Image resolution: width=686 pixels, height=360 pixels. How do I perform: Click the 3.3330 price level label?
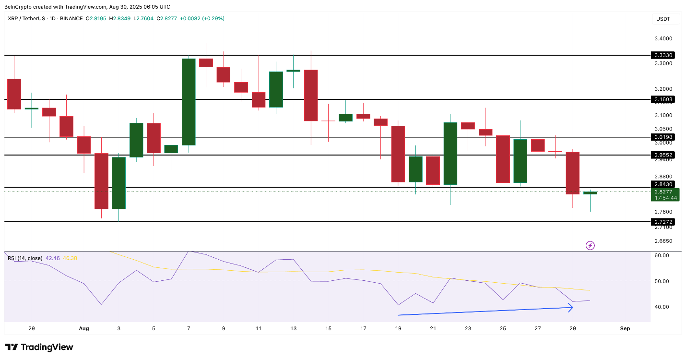pos(663,55)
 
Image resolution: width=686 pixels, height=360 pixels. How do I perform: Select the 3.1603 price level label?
pos(663,99)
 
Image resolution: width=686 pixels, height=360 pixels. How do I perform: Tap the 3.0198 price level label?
pos(663,137)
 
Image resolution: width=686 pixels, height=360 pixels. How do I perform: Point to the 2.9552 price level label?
pos(663,155)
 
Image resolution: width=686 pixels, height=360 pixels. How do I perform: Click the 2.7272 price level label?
pos(663,222)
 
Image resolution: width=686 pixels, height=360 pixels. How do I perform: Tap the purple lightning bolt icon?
pos(590,246)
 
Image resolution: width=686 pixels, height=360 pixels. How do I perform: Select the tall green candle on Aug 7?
pos(189,102)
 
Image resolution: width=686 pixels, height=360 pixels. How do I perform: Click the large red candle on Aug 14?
pos(311,95)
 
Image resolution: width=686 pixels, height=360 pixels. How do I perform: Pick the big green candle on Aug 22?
pos(450,153)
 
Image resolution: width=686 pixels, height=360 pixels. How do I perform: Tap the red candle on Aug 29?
pos(573,173)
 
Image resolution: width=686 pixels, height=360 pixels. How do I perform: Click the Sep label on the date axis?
pos(625,329)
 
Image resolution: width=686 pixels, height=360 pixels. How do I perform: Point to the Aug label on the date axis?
pos(84,329)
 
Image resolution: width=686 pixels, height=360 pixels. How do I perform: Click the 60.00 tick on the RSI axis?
pos(662,255)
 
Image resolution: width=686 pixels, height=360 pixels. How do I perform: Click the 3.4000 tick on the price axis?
pos(663,38)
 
